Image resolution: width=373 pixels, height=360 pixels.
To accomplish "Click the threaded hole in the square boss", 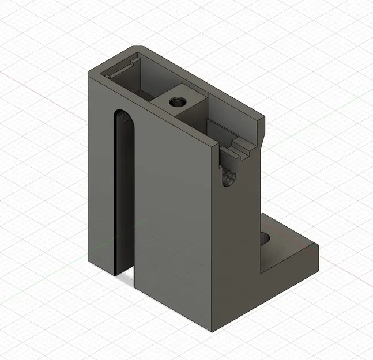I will click(177, 103).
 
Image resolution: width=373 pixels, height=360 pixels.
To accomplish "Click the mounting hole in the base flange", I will click(266, 237).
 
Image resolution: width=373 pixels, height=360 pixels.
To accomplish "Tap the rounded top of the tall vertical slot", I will click(123, 113).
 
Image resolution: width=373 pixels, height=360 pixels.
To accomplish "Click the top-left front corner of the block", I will click(89, 72).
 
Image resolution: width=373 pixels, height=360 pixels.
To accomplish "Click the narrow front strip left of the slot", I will click(101, 173).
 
